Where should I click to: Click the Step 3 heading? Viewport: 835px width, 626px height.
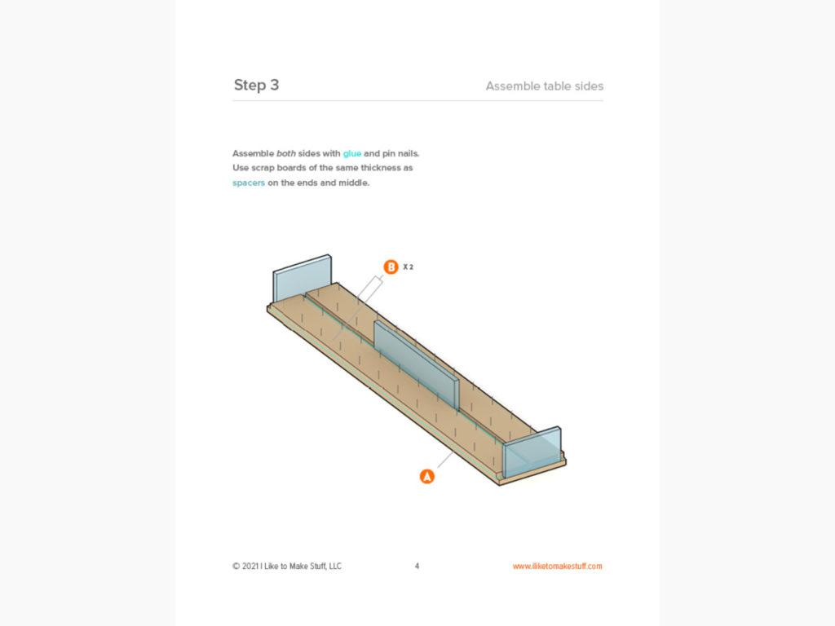pyautogui.click(x=256, y=85)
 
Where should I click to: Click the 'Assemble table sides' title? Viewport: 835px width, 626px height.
pyautogui.click(x=544, y=86)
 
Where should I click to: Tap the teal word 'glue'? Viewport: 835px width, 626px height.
pyautogui.click(x=352, y=153)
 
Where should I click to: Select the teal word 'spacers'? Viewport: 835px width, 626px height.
pyautogui.click(x=249, y=183)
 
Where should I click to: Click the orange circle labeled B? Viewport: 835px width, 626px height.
pyautogui.click(x=391, y=267)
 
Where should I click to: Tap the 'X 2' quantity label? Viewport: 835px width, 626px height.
pyautogui.click(x=409, y=267)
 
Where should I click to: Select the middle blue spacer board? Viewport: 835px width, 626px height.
pyautogui.click(x=416, y=363)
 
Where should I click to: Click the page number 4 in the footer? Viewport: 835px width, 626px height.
pyautogui.click(x=417, y=566)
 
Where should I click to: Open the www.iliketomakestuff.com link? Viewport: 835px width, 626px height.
pyautogui.click(x=557, y=566)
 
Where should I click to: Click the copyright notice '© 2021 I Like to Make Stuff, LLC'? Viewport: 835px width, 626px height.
pyautogui.click(x=287, y=566)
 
